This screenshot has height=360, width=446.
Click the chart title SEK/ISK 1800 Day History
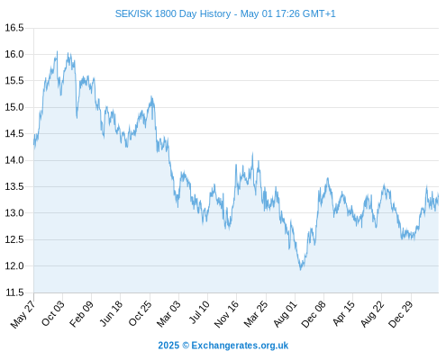(x=173, y=13)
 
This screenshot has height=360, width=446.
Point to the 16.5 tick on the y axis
(x=14, y=28)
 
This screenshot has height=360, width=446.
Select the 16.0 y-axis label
(x=14, y=54)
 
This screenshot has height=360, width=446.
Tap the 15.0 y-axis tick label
(x=14, y=107)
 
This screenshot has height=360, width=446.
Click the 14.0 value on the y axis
(x=14, y=160)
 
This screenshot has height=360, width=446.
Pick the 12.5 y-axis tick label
(x=14, y=239)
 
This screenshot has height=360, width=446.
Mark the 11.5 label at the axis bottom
(x=14, y=292)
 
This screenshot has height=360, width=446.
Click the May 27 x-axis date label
(x=23, y=314)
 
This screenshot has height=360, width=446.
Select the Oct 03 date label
(x=53, y=313)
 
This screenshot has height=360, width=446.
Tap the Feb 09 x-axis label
(x=81, y=313)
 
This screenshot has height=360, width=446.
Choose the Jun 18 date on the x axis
(x=111, y=313)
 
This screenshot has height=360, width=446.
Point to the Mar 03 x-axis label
(x=168, y=313)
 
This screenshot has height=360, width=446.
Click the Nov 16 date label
(x=227, y=314)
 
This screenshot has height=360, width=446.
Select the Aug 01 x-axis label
(x=286, y=314)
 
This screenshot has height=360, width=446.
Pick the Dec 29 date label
(x=401, y=314)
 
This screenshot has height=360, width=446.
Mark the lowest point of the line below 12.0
(x=300, y=270)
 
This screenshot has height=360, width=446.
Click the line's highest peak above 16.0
(x=57, y=51)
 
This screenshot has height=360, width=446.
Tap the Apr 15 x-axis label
(x=344, y=313)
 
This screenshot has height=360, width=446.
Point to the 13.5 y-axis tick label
(x=14, y=186)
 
